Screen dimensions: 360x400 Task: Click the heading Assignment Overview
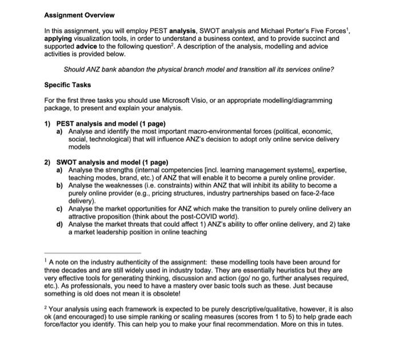pos(79,15)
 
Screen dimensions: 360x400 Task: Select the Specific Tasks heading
pos(67,85)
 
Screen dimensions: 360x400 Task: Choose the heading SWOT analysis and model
pos(103,162)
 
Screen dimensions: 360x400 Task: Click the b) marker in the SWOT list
pos(59,186)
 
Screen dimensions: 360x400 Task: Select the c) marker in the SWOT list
pos(59,209)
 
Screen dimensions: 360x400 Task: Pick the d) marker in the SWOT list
pos(59,225)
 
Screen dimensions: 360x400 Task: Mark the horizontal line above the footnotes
pos(92,253)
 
